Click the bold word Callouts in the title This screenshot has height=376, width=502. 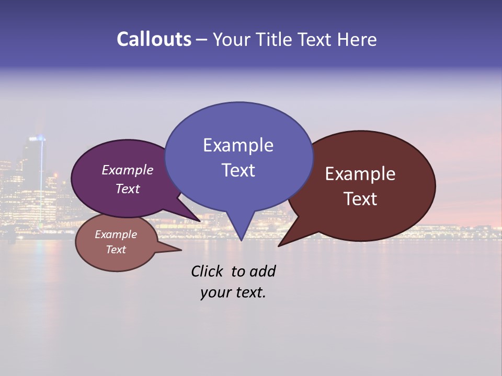[154, 39]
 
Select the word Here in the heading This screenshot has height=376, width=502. [357, 39]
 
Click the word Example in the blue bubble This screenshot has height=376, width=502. [238, 145]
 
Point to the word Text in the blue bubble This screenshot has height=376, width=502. [238, 170]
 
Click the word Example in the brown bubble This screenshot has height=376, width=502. [360, 173]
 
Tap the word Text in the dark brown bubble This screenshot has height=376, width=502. [360, 199]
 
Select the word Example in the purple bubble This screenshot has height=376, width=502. [128, 170]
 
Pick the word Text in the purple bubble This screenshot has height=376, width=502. [128, 189]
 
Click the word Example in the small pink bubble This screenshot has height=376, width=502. [116, 234]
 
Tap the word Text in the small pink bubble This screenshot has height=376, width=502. [116, 250]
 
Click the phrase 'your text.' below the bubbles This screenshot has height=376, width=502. [233, 292]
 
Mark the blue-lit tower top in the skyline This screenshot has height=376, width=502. [38, 138]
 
